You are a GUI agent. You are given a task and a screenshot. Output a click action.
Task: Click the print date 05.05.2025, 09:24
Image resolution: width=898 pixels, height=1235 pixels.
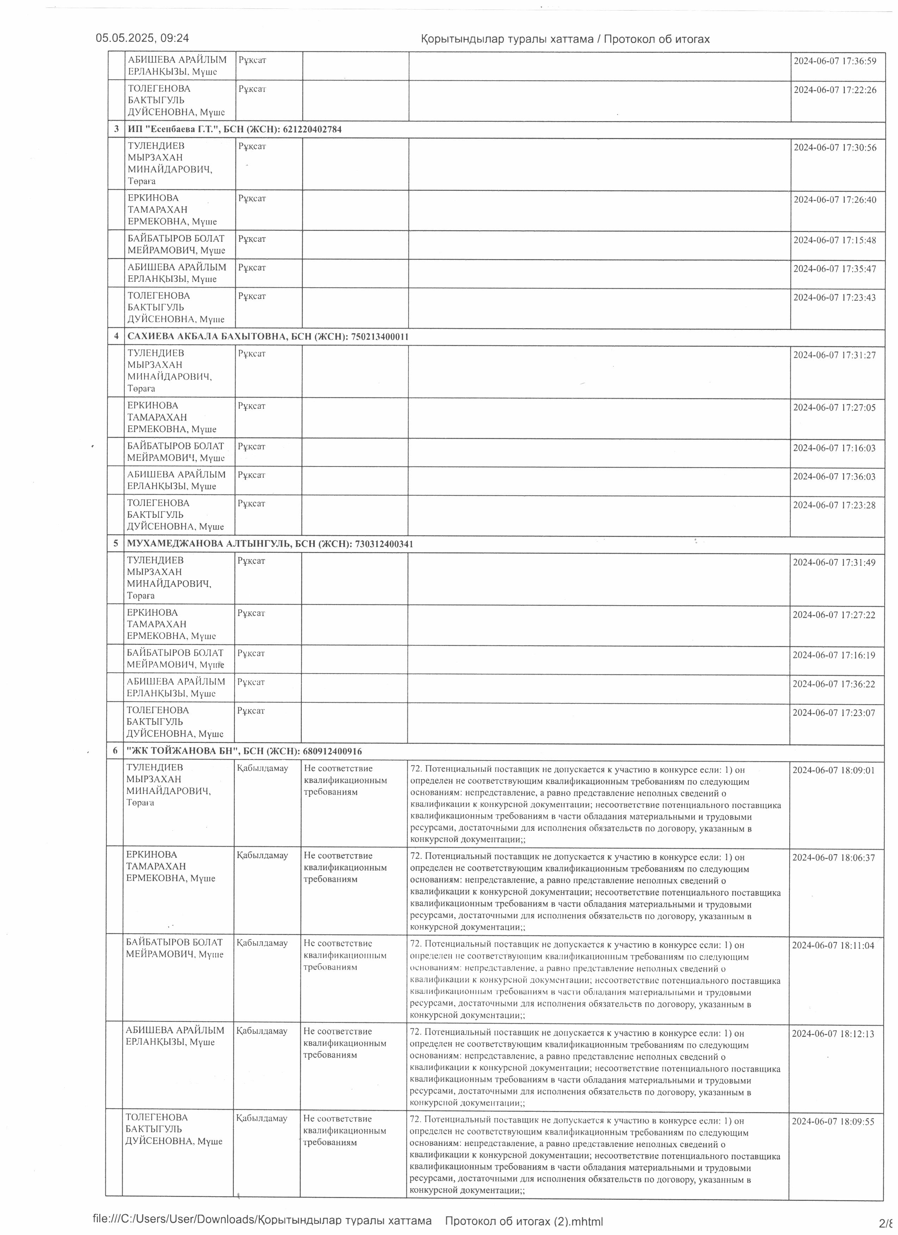pyautogui.click(x=142, y=38)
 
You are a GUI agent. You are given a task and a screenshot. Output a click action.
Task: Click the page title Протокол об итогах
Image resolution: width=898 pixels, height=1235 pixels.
pyautogui.click(x=656, y=39)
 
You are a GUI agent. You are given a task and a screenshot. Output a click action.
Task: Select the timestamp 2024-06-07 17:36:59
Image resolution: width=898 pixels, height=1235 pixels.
pyautogui.click(x=835, y=61)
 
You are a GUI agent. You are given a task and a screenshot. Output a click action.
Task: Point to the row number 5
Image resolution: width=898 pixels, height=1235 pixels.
pyautogui.click(x=116, y=544)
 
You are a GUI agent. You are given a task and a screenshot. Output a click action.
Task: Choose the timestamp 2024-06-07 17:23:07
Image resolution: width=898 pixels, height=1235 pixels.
pyautogui.click(x=834, y=712)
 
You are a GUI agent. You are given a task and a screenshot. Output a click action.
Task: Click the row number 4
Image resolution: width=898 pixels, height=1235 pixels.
pyautogui.click(x=116, y=337)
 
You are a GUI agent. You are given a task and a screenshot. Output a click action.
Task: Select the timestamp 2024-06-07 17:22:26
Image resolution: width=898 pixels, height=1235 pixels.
pyautogui.click(x=835, y=90)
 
